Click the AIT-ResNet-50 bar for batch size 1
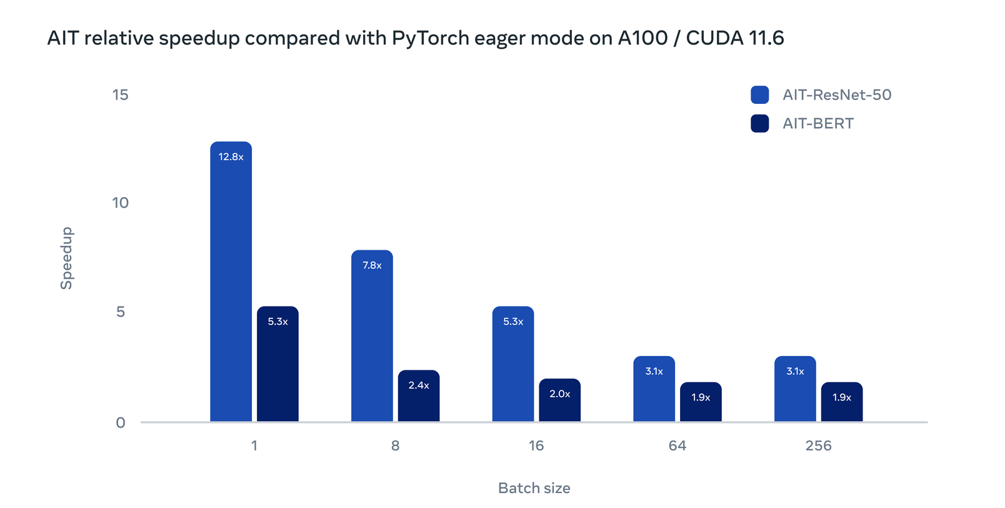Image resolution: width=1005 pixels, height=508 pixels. pyautogui.click(x=231, y=282)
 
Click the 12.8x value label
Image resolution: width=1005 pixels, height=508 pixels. pyautogui.click(x=231, y=157)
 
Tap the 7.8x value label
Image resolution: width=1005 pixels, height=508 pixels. pyautogui.click(x=372, y=265)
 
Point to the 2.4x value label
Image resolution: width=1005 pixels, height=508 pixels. pyautogui.click(x=419, y=385)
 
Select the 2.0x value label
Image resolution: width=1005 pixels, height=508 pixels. pyautogui.click(x=559, y=394)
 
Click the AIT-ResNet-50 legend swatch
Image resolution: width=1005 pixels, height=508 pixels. pyautogui.click(x=759, y=95)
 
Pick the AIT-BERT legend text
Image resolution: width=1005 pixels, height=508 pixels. pyautogui.click(x=818, y=124)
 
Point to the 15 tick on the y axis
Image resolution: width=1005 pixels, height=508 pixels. pyautogui.click(x=120, y=95)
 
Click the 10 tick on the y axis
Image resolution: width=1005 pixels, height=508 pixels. pyautogui.click(x=120, y=203)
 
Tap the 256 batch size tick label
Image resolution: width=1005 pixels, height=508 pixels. pyautogui.click(x=818, y=446)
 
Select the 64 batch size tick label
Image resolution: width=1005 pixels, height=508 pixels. pyautogui.click(x=677, y=446)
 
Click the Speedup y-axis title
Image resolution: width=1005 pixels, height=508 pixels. pyautogui.click(x=66, y=258)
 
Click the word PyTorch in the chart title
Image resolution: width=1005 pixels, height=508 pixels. pyautogui.click(x=430, y=38)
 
